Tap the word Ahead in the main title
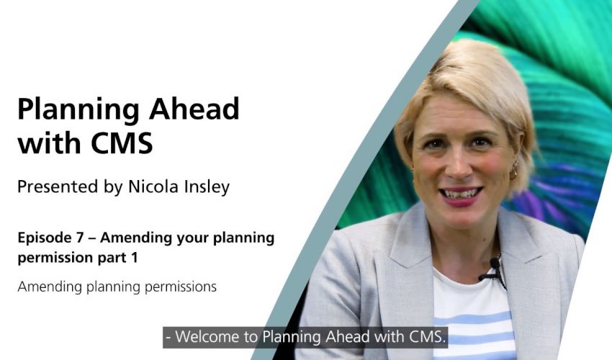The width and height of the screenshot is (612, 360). click(x=194, y=108)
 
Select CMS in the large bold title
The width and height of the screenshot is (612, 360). click(x=122, y=143)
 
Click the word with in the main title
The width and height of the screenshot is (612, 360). click(x=50, y=143)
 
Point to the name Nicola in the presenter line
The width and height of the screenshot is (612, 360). click(x=151, y=186)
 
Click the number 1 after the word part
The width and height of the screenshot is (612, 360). click(x=134, y=258)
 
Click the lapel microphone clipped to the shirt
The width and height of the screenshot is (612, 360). click(x=494, y=269)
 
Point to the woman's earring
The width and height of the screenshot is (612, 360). click(x=513, y=170)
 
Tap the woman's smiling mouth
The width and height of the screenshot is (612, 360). click(x=461, y=195)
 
